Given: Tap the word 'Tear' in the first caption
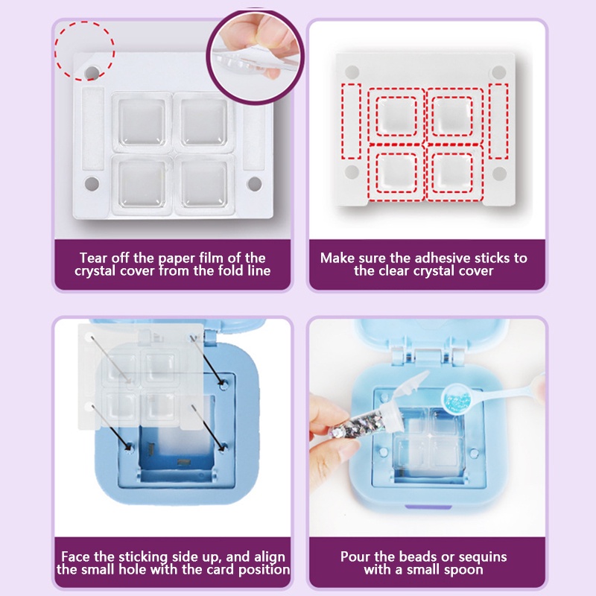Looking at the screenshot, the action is point(94,258).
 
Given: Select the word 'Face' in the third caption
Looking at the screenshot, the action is point(76,557).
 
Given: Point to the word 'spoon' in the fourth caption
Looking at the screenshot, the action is point(464,570).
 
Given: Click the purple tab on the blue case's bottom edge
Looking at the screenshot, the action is point(428,507).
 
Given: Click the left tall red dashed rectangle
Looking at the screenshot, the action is point(351,121).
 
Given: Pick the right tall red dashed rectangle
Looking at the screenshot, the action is point(498,121).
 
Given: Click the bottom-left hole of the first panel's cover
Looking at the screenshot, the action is point(92,184).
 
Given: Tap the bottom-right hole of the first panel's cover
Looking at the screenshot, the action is point(254,184).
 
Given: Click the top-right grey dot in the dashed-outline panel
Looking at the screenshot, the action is point(498,72).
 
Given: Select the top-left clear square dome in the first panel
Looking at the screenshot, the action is point(142,123).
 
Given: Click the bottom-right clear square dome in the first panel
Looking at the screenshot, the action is point(204,183).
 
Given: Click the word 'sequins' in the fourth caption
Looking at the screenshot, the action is point(483,557).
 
